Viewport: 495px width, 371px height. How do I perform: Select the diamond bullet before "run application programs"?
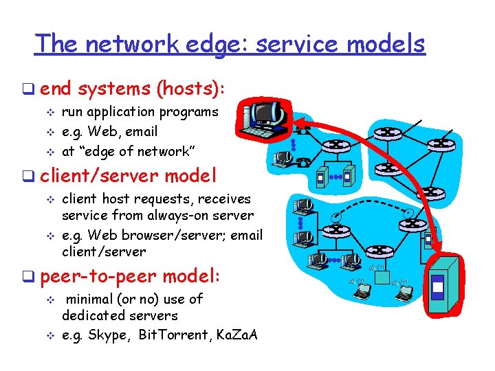(x=49, y=113)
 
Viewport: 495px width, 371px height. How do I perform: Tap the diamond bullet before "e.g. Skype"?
(x=49, y=336)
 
